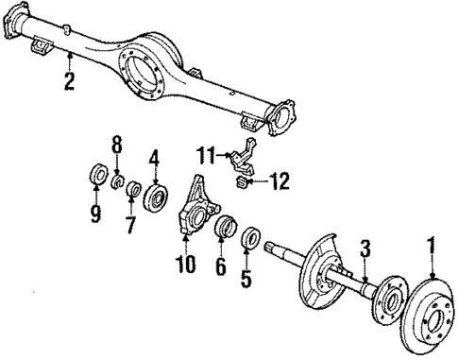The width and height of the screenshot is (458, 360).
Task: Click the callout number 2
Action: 68,81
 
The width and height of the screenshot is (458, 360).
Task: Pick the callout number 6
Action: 220,268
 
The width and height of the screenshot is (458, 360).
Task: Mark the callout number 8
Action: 116,145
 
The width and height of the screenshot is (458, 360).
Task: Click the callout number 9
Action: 94,214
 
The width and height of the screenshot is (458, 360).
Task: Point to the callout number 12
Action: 280,179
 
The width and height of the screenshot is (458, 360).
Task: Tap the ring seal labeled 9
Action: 95,175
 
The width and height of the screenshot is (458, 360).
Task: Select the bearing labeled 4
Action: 156,197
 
